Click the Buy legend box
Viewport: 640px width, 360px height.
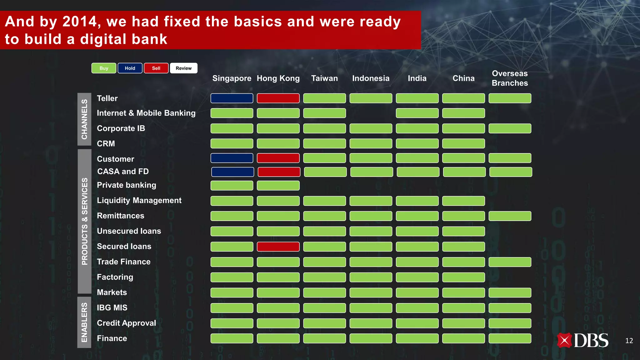[104, 68]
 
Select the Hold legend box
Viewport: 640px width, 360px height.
[130, 68]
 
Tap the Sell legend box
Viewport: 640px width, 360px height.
[156, 68]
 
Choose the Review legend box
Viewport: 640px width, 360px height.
[183, 68]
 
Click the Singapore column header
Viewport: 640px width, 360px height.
[232, 78]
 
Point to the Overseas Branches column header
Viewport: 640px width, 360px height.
[510, 78]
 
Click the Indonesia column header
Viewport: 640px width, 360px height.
[371, 78]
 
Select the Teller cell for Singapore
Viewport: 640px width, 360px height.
[232, 98]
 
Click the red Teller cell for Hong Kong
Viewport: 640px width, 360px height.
[278, 98]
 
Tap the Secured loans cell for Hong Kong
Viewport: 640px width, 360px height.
[278, 247]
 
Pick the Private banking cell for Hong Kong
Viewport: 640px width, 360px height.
[278, 185]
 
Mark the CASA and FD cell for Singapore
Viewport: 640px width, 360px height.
[232, 172]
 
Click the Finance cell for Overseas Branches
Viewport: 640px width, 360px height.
[510, 338]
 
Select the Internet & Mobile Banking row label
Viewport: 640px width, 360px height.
[146, 113]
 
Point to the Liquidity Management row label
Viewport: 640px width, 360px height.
[139, 200]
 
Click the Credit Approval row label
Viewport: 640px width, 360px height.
[126, 323]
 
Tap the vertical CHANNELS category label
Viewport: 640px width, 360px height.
[84, 119]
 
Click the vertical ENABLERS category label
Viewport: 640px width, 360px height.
[84, 322]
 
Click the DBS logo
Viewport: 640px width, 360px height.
[582, 340]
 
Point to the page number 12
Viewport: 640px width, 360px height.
[629, 341]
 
